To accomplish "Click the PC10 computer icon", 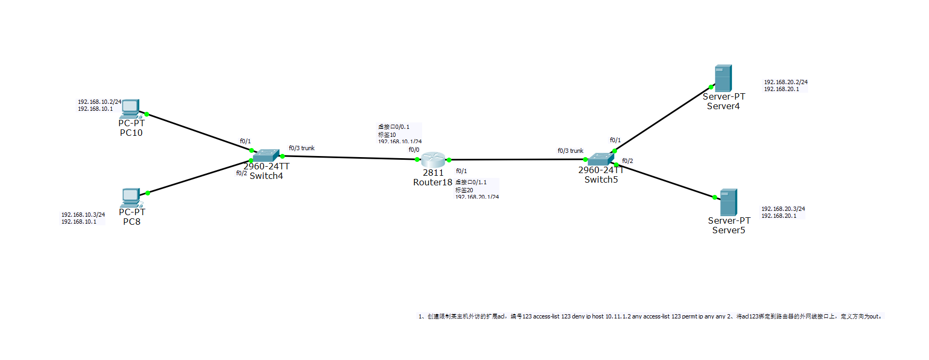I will (x=130, y=108).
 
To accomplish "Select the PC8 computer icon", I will (x=131, y=197).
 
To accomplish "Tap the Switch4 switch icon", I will (x=266, y=155).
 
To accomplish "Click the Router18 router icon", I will (x=433, y=159).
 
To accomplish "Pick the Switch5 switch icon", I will (x=601, y=159).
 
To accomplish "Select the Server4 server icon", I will (x=723, y=78).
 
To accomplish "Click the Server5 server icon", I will (x=728, y=202).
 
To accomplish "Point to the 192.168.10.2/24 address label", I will (x=100, y=102).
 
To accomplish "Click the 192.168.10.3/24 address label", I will (x=83, y=215).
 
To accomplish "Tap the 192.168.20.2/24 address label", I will (x=786, y=82).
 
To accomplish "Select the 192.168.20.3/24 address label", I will (x=783, y=209).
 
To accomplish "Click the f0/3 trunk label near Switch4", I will (x=301, y=148).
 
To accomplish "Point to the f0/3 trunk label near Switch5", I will (x=570, y=151).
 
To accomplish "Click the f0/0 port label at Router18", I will (x=414, y=150).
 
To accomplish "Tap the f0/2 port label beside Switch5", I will (x=628, y=161).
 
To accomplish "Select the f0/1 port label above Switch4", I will (x=245, y=141).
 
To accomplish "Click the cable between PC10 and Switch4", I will (x=199, y=132).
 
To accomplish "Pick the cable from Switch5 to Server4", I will (x=663, y=118).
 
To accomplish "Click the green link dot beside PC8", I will (x=147, y=193).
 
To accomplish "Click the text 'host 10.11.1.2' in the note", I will (x=611, y=316).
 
